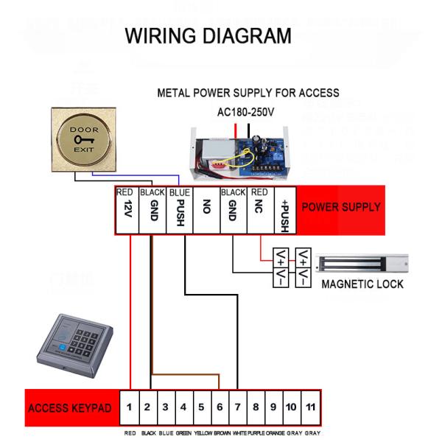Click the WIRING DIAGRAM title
tap(208, 35)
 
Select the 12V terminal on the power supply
tap(129, 209)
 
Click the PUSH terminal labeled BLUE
tap(179, 209)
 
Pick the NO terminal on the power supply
tap(206, 209)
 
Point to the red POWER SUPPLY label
tap(340, 207)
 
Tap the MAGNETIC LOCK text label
tap(362, 284)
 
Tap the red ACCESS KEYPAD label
tap(70, 407)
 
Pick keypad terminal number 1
tap(129, 407)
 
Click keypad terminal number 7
tap(237, 407)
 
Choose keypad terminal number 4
tap(183, 407)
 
